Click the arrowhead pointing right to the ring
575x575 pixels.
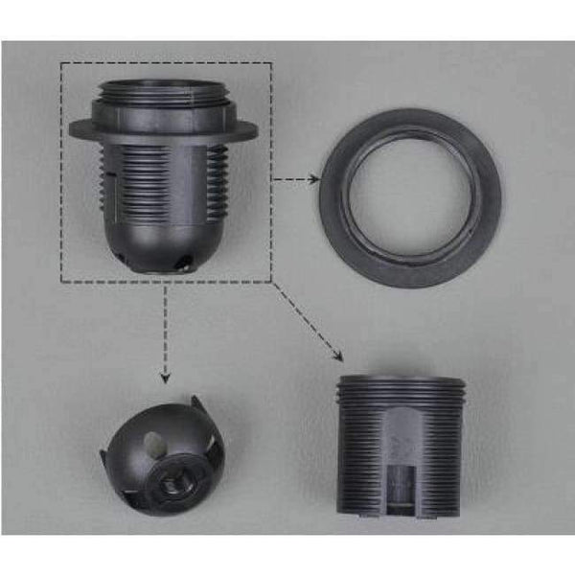(314, 178)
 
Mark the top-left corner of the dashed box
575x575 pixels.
(61, 64)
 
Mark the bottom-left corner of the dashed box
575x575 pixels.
(61, 282)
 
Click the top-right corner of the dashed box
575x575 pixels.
(272, 64)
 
